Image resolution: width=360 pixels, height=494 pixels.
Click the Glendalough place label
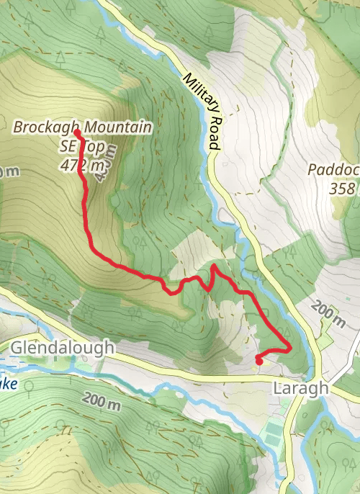click(63, 348)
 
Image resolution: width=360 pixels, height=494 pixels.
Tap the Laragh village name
click(301, 388)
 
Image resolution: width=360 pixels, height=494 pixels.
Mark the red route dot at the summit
click(77, 133)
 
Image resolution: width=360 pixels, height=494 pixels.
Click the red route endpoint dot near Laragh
click(258, 357)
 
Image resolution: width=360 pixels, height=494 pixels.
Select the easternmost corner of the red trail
click(289, 348)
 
